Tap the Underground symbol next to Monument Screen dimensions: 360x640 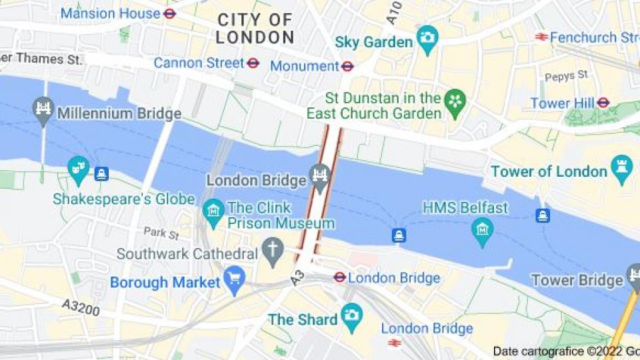click(347, 66)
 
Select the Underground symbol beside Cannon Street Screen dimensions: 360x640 click(253, 63)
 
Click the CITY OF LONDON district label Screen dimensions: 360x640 click(255, 29)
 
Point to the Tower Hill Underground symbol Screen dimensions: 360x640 click(603, 103)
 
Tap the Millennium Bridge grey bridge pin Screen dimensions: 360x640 click(44, 109)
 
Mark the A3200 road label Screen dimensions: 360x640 click(81, 307)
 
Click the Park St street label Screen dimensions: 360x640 click(161, 233)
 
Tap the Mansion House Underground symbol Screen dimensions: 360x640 click(170, 13)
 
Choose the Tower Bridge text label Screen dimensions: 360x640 click(576, 280)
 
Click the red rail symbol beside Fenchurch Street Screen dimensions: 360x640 click(541, 37)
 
